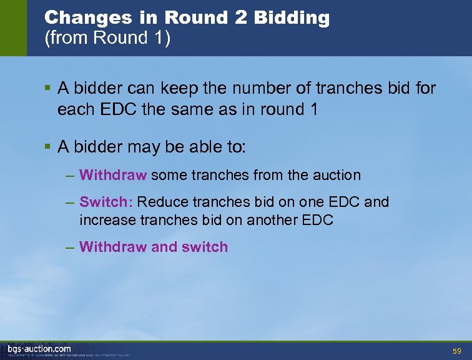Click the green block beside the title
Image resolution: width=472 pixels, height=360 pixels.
[13, 28]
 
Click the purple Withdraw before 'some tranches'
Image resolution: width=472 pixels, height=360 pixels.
[113, 176]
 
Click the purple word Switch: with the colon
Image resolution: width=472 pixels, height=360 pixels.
[106, 202]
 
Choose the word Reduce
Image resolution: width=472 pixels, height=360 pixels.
[159, 202]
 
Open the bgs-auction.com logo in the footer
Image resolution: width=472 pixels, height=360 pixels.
[39, 349]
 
